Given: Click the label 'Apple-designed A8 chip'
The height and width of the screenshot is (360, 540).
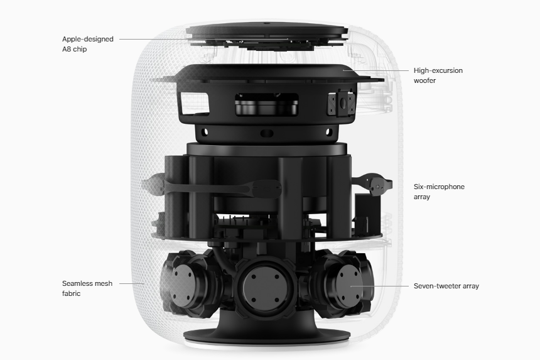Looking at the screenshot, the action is [88, 44].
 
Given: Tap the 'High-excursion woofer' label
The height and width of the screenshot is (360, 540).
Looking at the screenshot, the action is [438, 75].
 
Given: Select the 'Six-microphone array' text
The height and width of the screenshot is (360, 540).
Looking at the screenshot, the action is [439, 192].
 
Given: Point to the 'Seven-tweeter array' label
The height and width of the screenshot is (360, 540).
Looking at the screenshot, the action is [446, 286].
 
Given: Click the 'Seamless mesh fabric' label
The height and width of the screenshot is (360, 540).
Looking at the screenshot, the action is [87, 288].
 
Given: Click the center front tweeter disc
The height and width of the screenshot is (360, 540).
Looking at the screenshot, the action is [265, 288].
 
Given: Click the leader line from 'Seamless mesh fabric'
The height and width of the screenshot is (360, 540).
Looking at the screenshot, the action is [132, 283].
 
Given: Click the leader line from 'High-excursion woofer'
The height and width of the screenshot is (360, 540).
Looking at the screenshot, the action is [375, 70].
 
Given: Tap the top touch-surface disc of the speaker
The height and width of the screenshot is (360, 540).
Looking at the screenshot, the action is [266, 30].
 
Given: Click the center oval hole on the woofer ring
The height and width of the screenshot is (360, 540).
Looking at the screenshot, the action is [267, 133].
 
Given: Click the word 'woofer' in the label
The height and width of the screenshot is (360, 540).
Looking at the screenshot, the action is [424, 80].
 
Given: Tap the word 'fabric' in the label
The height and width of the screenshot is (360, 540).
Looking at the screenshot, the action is [72, 293].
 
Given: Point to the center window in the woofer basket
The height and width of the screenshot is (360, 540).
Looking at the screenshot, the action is [267, 104].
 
